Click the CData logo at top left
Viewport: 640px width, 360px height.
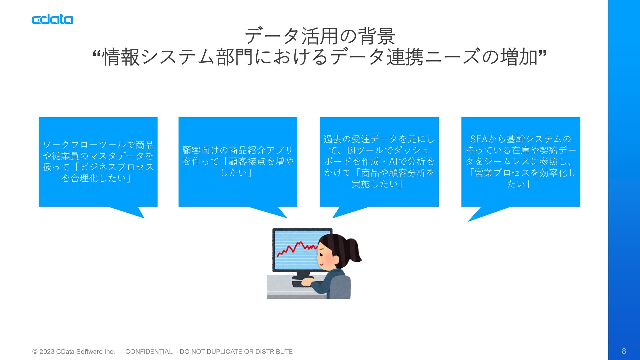[x=52, y=20]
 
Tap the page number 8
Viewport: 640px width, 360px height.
[x=624, y=351]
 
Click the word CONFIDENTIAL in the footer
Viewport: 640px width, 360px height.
[x=149, y=352]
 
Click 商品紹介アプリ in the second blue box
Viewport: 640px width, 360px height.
[x=261, y=150]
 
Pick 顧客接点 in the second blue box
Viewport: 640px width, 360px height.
[x=247, y=162]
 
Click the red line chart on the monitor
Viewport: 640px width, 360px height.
[x=297, y=248]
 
